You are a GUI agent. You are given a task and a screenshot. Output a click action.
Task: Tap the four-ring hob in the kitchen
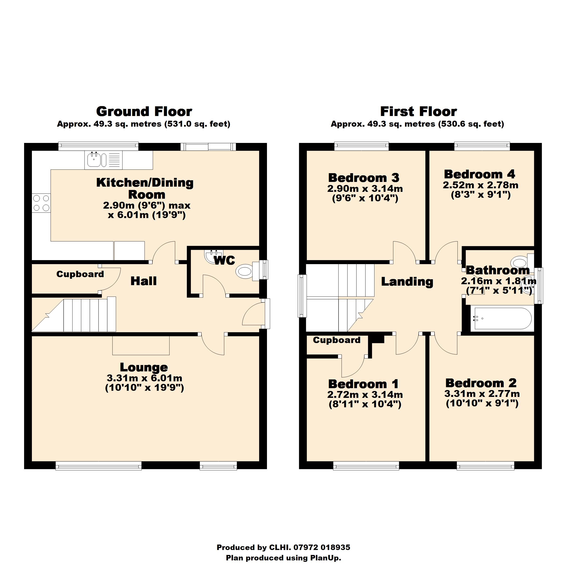41,203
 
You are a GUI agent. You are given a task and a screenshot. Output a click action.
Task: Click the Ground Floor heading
144,112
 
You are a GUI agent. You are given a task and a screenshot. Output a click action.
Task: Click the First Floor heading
418,112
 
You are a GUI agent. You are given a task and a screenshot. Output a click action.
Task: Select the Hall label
143,281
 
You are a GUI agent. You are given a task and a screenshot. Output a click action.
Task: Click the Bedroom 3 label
364,178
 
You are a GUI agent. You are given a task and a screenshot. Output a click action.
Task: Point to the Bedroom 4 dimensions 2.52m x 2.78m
481,185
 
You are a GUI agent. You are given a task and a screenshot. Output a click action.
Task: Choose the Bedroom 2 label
481,383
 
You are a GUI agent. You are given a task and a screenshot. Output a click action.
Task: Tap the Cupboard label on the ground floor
80,274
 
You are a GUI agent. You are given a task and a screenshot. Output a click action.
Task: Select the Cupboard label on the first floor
337,340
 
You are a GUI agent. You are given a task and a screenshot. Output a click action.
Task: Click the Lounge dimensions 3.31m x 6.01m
144,378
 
